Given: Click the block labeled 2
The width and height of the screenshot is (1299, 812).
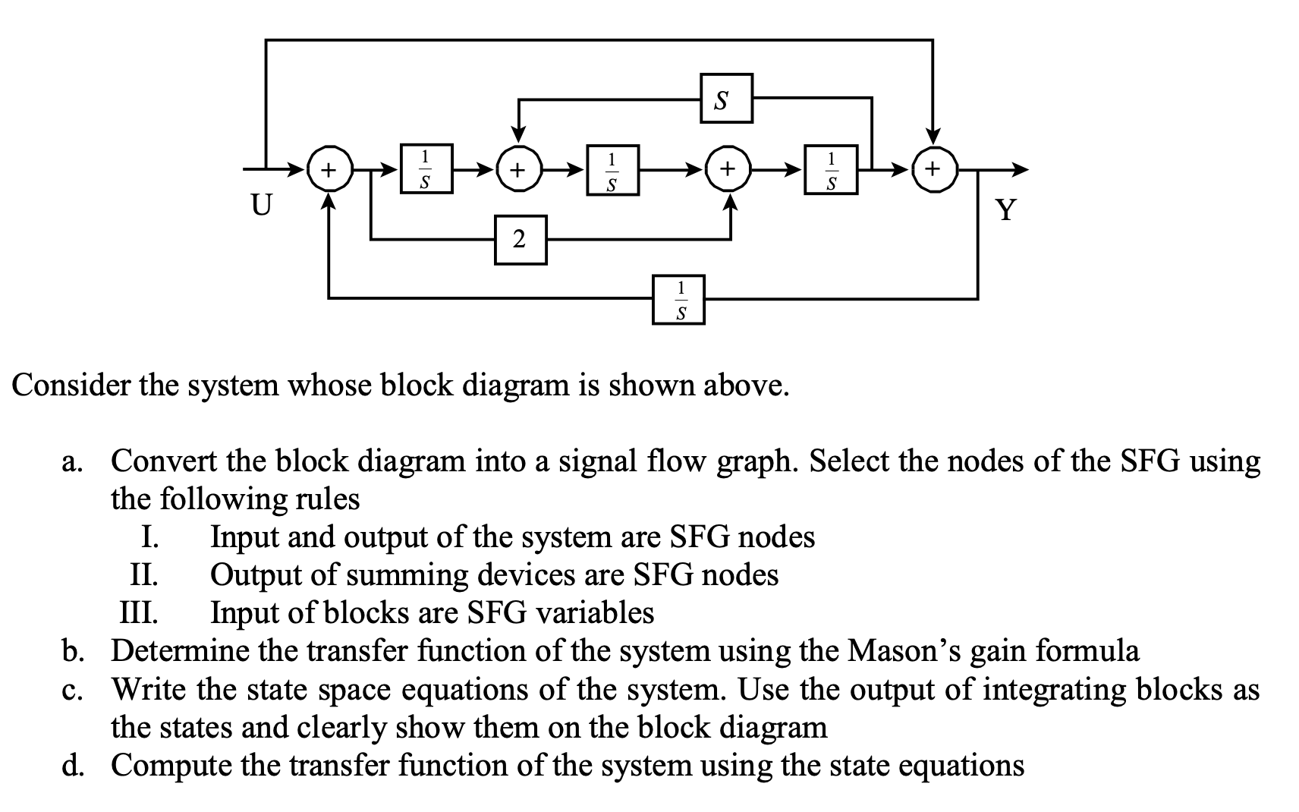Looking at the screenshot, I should pos(521,240).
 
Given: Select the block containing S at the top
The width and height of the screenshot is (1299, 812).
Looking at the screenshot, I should pos(726,98).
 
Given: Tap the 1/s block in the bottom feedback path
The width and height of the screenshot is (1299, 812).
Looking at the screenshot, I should pos(678,300).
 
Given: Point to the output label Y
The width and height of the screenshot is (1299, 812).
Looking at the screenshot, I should pos(1005,209).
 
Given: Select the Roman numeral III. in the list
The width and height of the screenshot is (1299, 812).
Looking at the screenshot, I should pos(140,612).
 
